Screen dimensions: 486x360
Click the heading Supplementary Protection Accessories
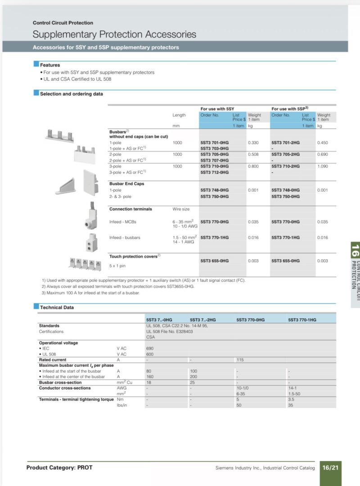(x=114, y=34)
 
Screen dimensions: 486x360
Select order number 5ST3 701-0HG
(x=215, y=143)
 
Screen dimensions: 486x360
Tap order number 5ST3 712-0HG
(x=215, y=172)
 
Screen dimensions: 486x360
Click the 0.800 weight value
(x=253, y=166)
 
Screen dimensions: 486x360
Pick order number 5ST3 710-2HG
(x=286, y=166)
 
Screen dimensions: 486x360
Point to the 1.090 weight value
(x=322, y=166)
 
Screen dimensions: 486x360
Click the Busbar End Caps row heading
(x=126, y=184)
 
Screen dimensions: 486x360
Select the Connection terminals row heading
(x=130, y=209)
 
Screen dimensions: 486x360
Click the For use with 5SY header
(x=217, y=109)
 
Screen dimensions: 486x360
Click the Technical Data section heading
(x=57, y=307)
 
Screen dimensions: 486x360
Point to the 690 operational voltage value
(x=149, y=349)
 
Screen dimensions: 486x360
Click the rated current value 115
(x=240, y=360)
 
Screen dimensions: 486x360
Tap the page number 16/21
(x=330, y=468)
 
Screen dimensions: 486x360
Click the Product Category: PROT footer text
(x=59, y=468)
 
